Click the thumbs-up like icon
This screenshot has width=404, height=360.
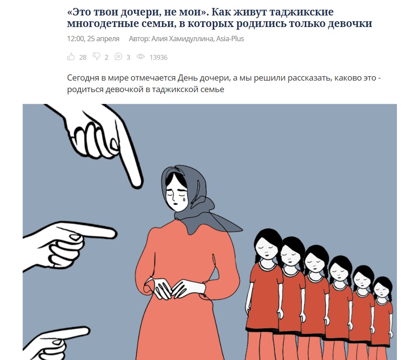71,57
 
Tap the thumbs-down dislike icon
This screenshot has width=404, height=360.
96,57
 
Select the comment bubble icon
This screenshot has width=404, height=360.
118,57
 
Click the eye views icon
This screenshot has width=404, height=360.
140,57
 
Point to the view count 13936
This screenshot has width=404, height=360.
158,57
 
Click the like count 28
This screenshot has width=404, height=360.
83,57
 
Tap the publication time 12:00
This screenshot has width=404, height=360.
75,39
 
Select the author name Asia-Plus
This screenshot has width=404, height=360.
230,39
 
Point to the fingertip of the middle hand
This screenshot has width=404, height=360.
112,234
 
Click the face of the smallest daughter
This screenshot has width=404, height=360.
382,290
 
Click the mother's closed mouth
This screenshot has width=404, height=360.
175,203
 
